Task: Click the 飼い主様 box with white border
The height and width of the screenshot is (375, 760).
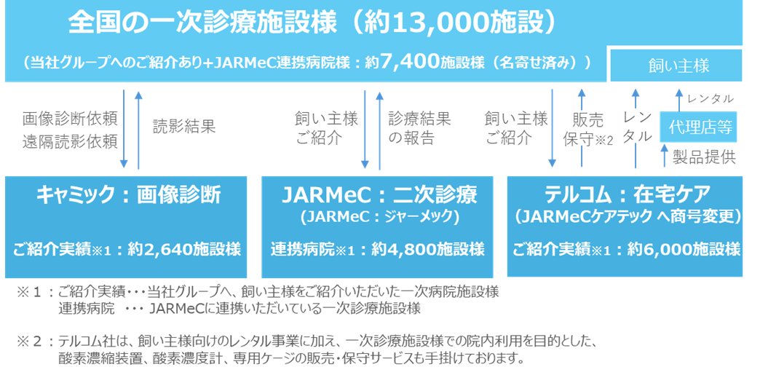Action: tap(678, 66)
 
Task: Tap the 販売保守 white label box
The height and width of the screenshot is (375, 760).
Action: tap(587, 127)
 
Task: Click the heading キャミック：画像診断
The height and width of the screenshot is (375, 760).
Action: tap(128, 195)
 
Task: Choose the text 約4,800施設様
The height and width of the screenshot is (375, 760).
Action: tap(428, 250)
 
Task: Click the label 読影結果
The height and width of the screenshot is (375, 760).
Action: tap(183, 127)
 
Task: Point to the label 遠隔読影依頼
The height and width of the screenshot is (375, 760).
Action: tap(70, 141)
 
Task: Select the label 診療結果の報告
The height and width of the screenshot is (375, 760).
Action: tap(419, 127)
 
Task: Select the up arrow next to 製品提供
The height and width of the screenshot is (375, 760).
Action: tap(664, 155)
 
